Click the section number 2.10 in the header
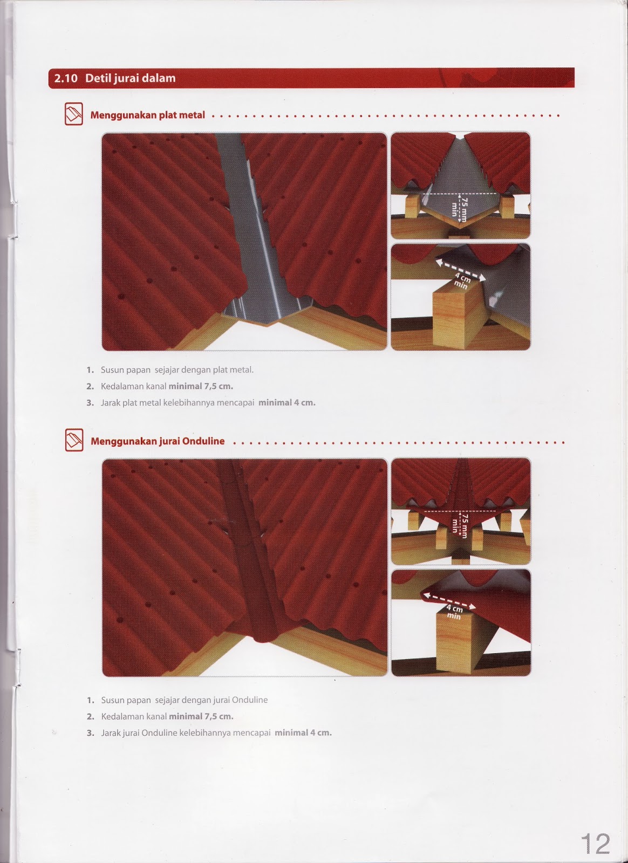pos(66,78)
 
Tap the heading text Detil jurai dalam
pos(130,78)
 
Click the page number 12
pos(595,844)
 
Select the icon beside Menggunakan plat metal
pos(73,114)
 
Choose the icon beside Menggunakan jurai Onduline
pos(74,440)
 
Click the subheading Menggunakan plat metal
pos(148,115)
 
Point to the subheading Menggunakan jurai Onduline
pos(158,441)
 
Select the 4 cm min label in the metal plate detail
pos(462,280)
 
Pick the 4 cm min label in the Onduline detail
pos(455,612)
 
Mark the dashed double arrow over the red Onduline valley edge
pos(449,601)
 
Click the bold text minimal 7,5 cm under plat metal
pos(201,386)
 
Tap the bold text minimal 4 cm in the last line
pos(303,732)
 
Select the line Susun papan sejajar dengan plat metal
pos(177,370)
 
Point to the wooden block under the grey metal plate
pos(459,316)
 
